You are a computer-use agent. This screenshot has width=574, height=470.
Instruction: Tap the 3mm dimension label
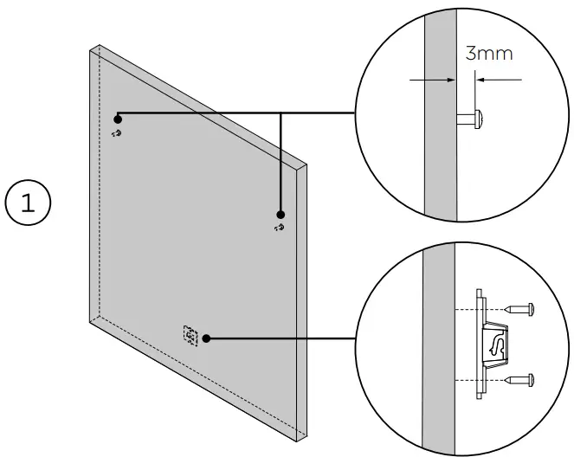pos(489,54)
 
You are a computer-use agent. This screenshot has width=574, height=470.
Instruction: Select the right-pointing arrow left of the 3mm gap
pos(433,80)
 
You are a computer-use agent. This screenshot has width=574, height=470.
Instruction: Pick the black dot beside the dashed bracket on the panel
pos(207,338)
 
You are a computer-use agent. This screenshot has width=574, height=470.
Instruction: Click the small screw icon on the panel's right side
pos(279,229)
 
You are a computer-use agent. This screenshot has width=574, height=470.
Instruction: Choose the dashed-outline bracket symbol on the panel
pos(190,334)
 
